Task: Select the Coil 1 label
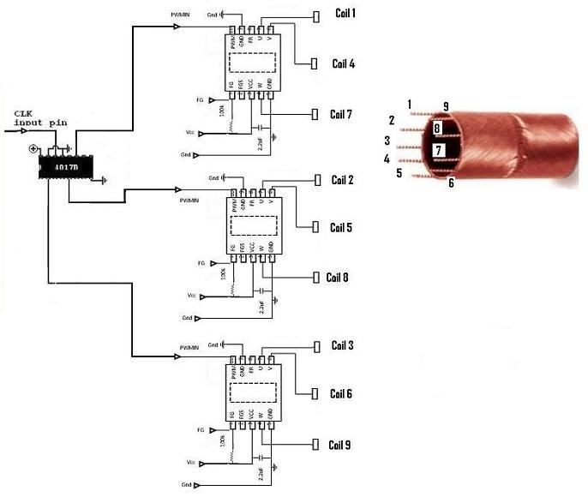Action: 343,15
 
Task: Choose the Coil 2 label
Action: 342,180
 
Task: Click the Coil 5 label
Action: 342,228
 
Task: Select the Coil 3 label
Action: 342,345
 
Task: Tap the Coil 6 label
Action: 342,394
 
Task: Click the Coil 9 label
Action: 339,446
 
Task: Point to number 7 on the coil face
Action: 438,150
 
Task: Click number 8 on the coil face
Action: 437,129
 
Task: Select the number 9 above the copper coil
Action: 446,106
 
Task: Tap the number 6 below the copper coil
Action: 451,182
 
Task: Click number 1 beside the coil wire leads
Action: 410,105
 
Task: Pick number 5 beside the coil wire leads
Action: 399,173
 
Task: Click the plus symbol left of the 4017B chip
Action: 33,149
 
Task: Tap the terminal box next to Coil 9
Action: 314,446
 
